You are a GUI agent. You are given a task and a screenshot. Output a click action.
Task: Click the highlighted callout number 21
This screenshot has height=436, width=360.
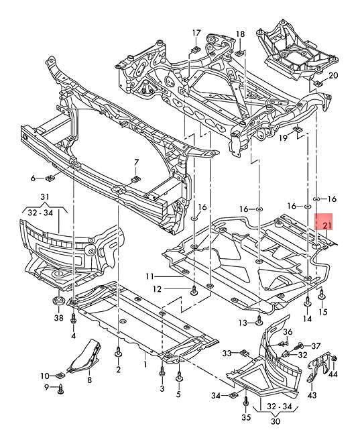tap(326, 225)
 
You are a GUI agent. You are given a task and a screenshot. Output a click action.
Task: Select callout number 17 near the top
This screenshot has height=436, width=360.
tap(196, 33)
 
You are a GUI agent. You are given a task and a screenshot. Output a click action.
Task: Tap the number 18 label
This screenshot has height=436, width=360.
tap(240, 34)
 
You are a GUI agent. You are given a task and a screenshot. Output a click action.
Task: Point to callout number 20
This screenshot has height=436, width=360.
tap(333, 75)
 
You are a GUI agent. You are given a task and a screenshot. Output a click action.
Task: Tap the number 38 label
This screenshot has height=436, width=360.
tap(58, 319)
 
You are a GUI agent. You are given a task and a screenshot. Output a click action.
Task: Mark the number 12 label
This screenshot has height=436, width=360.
tap(156, 290)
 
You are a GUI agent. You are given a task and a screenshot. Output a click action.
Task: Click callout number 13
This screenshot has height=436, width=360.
tap(243, 323)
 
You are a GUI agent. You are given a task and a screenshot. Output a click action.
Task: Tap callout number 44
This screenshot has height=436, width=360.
tap(333, 373)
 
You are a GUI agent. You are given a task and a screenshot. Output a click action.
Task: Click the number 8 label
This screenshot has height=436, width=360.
tap(89, 379)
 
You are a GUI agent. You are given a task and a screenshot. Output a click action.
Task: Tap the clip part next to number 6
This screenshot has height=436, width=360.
tap(50, 178)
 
